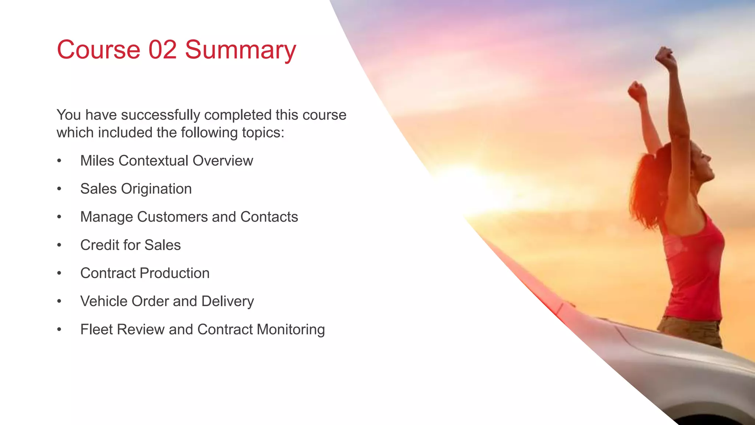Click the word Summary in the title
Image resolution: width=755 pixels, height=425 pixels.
[x=240, y=50]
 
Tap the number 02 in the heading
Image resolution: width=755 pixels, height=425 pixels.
[x=162, y=50]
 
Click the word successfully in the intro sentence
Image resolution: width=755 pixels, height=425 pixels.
[x=160, y=115]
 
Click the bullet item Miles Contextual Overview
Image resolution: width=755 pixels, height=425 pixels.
[x=167, y=161]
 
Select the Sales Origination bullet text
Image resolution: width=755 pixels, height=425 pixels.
[x=136, y=189]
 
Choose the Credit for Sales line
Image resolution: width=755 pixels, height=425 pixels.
[x=131, y=245]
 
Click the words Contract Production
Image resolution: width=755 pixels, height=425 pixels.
[x=145, y=273]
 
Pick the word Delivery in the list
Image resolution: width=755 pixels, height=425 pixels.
[x=227, y=301]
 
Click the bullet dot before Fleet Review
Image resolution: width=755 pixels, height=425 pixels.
[x=59, y=329]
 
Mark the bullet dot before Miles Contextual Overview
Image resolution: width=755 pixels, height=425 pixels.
[x=59, y=161]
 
